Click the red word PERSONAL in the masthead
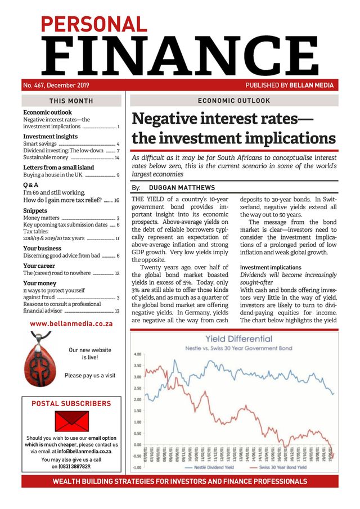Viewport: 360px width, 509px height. [93, 24]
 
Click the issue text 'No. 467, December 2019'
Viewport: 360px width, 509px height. [56, 85]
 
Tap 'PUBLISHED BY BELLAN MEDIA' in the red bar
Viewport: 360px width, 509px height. [289, 85]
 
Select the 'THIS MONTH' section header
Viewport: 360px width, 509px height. [71, 101]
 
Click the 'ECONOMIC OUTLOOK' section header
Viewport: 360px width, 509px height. [234, 101]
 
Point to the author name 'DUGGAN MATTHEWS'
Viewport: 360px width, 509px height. [183, 188]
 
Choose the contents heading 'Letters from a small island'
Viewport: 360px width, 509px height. [58, 168]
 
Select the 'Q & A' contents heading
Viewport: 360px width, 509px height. [30, 184]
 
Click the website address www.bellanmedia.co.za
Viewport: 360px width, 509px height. [71, 324]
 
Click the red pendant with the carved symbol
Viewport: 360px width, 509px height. [40, 365]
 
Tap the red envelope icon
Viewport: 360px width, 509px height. [71, 421]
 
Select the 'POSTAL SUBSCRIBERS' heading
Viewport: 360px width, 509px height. [71, 404]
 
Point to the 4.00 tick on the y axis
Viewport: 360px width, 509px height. [137, 354]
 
